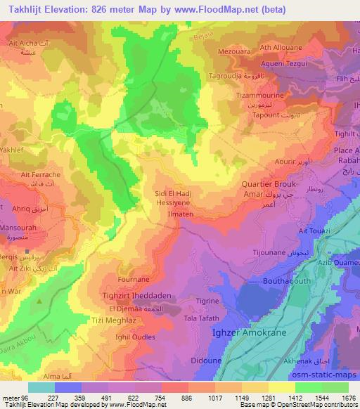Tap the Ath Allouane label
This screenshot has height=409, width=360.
click(x=281, y=48)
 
